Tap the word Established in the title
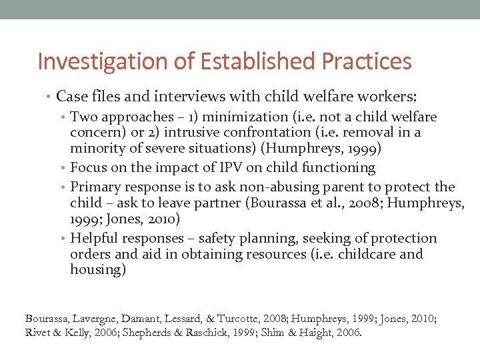pyautogui.click(x=243, y=61)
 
